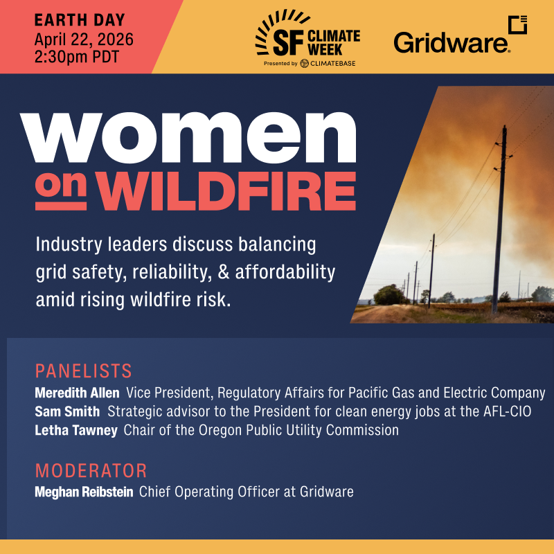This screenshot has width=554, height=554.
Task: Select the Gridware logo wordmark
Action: point(452,42)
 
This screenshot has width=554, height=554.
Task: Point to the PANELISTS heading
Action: point(83,370)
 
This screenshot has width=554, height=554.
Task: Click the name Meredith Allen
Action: point(77,393)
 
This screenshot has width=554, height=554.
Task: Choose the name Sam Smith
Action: point(67,411)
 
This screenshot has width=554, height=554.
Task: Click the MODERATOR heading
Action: point(91,472)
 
